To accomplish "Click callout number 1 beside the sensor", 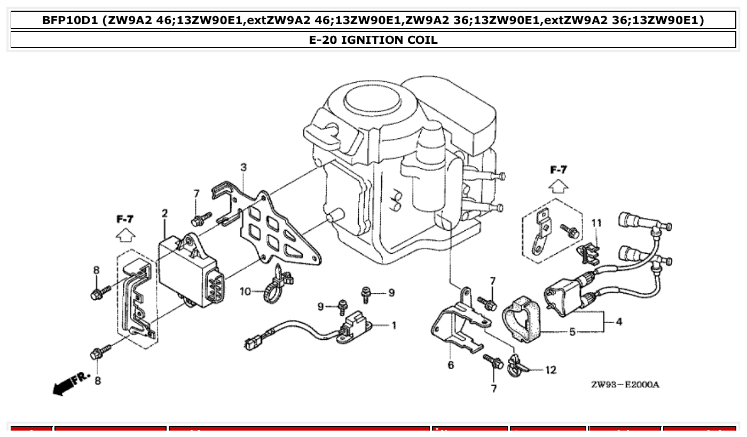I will (x=394, y=325).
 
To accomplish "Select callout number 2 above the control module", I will (x=164, y=214).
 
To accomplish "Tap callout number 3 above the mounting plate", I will (x=243, y=167).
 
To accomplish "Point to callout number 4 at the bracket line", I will (x=618, y=322).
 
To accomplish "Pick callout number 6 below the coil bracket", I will (x=451, y=365).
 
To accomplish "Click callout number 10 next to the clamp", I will (x=245, y=292).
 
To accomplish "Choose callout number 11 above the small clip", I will (x=596, y=223).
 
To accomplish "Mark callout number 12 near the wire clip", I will (x=551, y=370).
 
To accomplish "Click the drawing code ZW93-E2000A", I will (x=625, y=385).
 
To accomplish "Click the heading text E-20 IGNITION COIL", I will (x=373, y=40).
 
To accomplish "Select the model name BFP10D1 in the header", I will (x=70, y=20).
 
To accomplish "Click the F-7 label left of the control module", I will (x=124, y=219).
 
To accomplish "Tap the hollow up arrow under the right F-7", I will (x=559, y=186).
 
